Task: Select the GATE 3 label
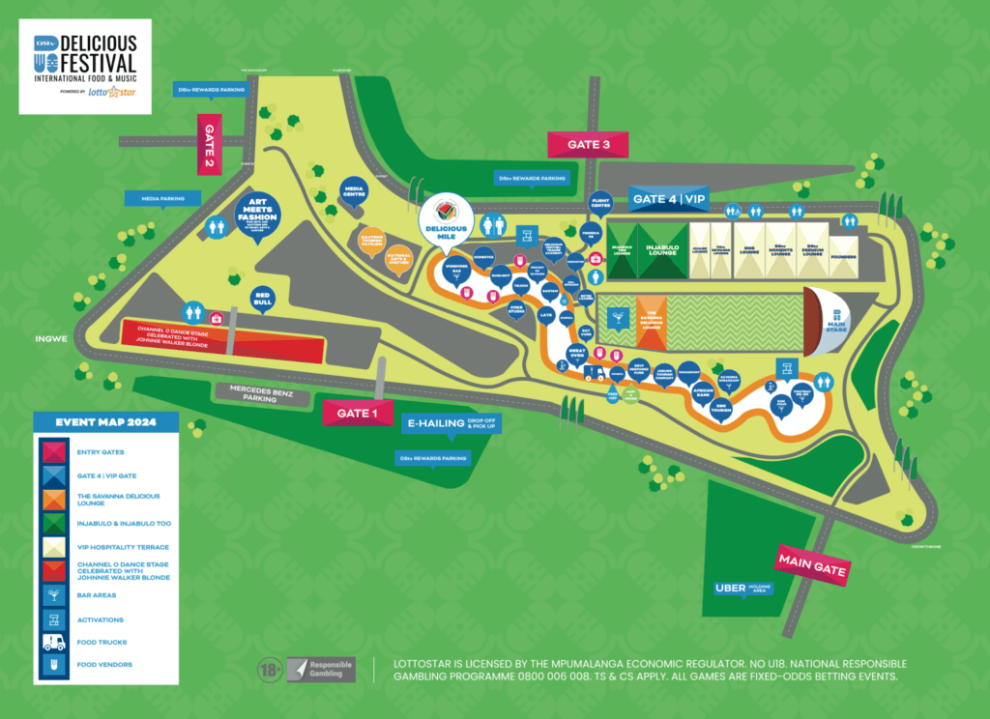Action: point(588,144)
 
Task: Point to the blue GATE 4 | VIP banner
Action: point(669,199)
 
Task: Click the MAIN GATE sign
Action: point(812,565)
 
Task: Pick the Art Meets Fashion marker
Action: point(258,213)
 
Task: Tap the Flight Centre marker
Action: point(600,203)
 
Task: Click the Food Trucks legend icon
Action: point(53,642)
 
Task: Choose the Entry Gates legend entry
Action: point(53,452)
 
